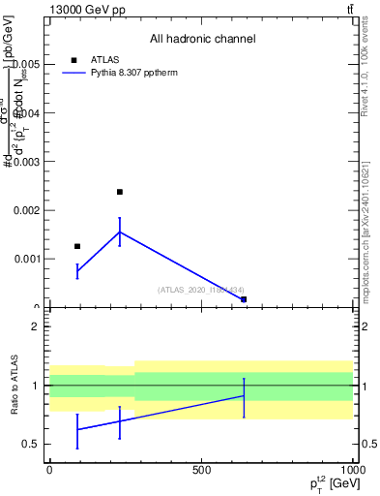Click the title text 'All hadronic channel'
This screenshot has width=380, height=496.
click(202, 40)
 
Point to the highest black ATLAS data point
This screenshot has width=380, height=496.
click(120, 192)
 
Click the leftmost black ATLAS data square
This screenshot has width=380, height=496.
click(77, 246)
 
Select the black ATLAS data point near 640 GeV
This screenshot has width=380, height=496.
click(244, 299)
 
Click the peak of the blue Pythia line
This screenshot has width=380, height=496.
click(120, 232)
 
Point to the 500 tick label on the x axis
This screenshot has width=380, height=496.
click(201, 469)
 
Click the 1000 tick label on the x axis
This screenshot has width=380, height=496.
click(353, 469)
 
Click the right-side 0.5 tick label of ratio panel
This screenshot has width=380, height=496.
click(367, 445)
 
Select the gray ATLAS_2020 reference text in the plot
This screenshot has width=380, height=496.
click(201, 290)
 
